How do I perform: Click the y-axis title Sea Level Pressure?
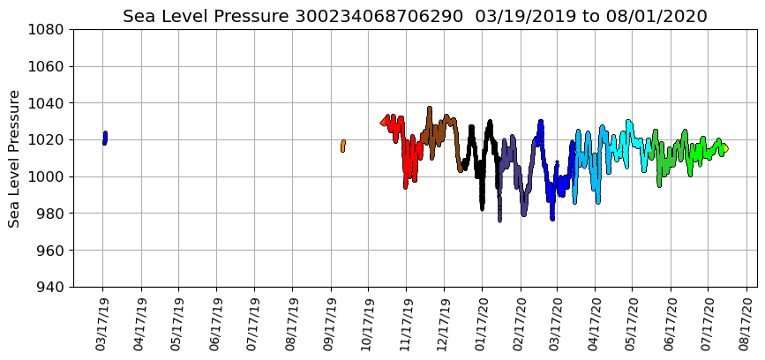coord(15,158)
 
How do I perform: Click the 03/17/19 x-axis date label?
coord(102,326)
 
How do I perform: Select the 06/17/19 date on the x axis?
coord(216,326)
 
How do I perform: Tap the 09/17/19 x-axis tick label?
coord(330,326)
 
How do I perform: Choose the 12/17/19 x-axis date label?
coord(444,326)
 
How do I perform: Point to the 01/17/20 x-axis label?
coord(482,326)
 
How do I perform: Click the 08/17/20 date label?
coord(746,326)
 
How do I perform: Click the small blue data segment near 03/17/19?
coord(105,138)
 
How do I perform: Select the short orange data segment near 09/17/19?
coord(342,146)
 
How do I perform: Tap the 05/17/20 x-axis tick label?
coord(633,326)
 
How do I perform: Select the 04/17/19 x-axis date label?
coord(140,326)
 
